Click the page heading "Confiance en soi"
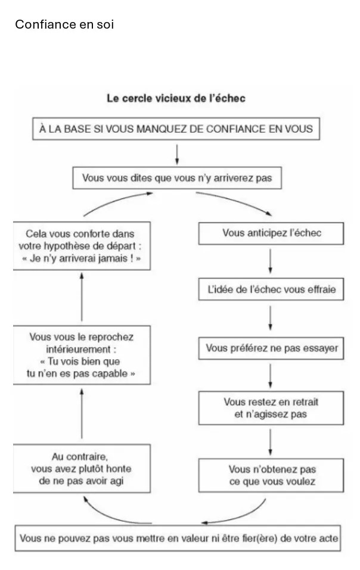pyautogui.click(x=64, y=24)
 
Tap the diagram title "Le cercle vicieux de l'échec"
pyautogui.click(x=176, y=98)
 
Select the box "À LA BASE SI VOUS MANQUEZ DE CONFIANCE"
pyautogui.click(x=176, y=129)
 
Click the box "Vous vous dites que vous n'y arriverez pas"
pyautogui.click(x=177, y=177)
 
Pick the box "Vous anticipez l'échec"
pyautogui.click(x=271, y=233)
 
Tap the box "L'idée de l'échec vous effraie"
pyautogui.click(x=271, y=289)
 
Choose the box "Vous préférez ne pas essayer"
pyautogui.click(x=271, y=348)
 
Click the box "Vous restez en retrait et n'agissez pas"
pyautogui.click(x=271, y=408)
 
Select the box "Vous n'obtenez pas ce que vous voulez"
pyautogui.click(x=271, y=475)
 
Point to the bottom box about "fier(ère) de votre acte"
pyautogui.click(x=178, y=538)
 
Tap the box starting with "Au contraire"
pyautogui.click(x=82, y=468)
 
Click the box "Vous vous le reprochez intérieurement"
pyautogui.click(x=82, y=355)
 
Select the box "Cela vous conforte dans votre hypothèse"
pyautogui.click(x=82, y=246)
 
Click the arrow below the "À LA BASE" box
pyautogui.click(x=177, y=154)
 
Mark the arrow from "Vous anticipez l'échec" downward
pyautogui.click(x=270, y=261)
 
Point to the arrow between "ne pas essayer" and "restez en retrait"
pyautogui.click(x=270, y=375)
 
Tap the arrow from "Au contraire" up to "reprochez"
pyautogui.click(x=82, y=414)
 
